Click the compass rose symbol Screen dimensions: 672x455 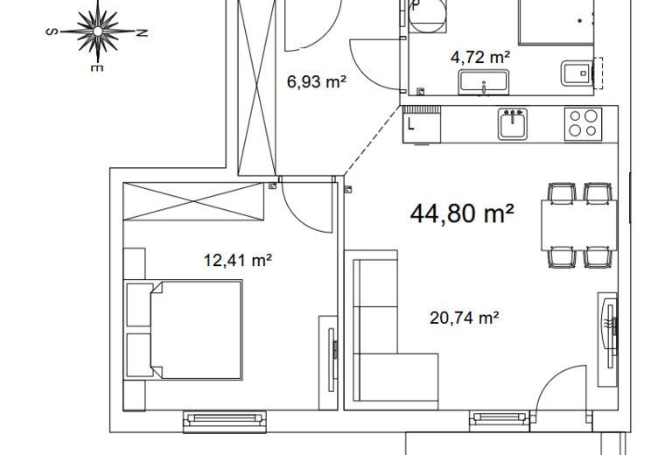tap(98, 31)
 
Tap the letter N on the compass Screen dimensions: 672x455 tap(142, 32)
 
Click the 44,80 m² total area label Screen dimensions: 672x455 tap(462, 213)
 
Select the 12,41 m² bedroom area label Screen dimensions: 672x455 tap(238, 260)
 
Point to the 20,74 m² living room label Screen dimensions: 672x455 tap(464, 318)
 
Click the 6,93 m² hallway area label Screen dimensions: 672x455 tap(316, 81)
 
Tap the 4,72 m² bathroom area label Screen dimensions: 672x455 tap(480, 57)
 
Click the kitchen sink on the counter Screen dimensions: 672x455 tap(512, 123)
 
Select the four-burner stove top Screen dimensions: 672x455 tap(583, 124)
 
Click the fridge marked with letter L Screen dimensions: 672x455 tap(421, 124)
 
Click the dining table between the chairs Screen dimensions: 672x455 tap(578, 225)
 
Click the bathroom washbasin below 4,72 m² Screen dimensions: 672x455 tap(484, 82)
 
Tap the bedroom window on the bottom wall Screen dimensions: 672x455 tap(225, 421)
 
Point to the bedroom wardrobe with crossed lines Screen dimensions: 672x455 tap(193, 201)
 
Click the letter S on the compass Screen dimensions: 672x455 tap(51, 31)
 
